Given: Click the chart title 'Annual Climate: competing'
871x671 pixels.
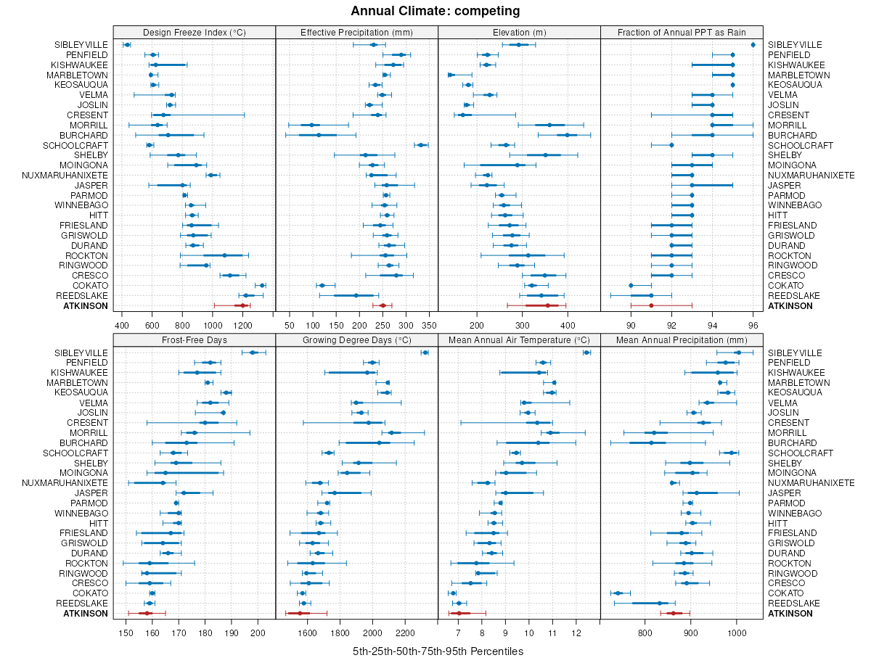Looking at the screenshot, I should tap(435, 11).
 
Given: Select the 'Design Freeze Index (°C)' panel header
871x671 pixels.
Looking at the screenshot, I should tap(195, 32).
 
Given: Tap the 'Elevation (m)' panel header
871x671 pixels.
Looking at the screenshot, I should tap(519, 32).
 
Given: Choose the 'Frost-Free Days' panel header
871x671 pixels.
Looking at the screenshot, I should tap(195, 339).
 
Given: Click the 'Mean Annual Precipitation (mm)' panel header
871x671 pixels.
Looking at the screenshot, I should tap(682, 339).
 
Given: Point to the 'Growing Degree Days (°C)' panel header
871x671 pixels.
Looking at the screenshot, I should tap(357, 339).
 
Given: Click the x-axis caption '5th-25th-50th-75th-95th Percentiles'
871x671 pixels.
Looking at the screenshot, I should tap(438, 651).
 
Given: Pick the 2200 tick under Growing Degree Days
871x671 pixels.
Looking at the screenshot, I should tap(405, 631).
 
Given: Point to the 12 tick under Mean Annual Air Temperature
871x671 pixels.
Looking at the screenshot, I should tap(576, 631).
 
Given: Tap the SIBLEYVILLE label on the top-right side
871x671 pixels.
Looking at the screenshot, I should tap(794, 45).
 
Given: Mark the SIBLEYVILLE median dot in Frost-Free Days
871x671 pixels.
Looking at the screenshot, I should tap(253, 353).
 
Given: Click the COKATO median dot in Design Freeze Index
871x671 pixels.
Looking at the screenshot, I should tap(262, 286).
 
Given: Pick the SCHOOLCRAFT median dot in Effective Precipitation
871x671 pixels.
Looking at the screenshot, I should tap(421, 145).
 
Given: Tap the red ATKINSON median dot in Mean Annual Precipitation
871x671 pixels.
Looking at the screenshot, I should tap(672, 613).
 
